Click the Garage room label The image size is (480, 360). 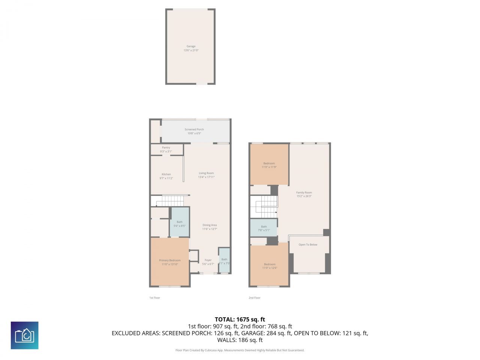(x=191, y=46)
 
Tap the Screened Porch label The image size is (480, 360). (x=194, y=129)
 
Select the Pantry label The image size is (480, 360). (x=166, y=148)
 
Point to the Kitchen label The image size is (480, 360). (x=166, y=174)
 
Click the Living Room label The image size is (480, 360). (x=206, y=173)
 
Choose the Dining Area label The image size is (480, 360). (x=210, y=225)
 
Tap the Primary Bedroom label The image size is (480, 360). (x=170, y=261)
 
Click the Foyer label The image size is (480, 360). (x=208, y=260)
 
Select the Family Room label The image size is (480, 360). (x=304, y=193)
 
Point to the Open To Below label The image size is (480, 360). (x=308, y=245)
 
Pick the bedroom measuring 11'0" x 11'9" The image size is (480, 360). (x=269, y=163)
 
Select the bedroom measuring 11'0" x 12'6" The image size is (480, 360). (x=270, y=264)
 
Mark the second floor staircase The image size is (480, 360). (x=266, y=207)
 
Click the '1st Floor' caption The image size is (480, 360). (x=154, y=298)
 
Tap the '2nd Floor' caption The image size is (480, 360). (x=254, y=298)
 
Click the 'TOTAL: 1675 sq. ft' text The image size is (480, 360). (x=240, y=319)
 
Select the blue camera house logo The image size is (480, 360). (x=24, y=335)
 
